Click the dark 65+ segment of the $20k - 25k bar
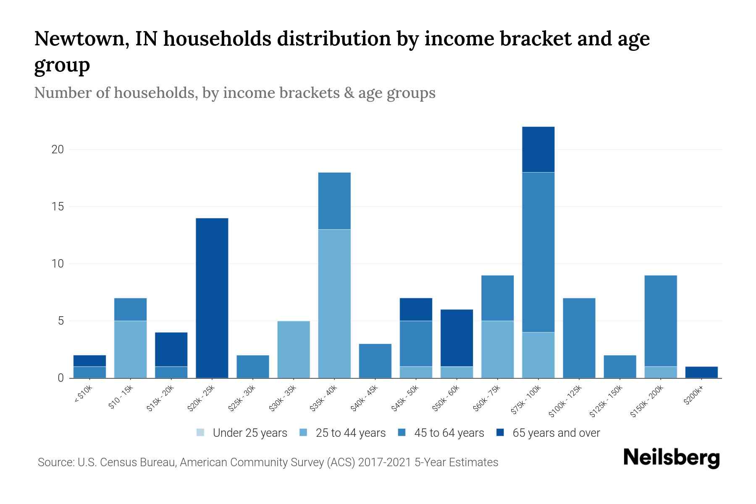212,298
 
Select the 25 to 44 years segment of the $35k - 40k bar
334,304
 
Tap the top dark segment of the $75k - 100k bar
538,150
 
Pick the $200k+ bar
701,372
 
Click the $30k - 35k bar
294,349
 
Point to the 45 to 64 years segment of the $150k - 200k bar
660,321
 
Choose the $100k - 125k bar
579,338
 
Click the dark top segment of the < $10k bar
89,361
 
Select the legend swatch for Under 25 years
201,433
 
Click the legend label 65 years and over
556,433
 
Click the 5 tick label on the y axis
60,321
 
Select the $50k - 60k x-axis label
446,399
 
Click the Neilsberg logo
671,458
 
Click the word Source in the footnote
55,462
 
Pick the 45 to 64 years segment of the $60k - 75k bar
497,298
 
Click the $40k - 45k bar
375,361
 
